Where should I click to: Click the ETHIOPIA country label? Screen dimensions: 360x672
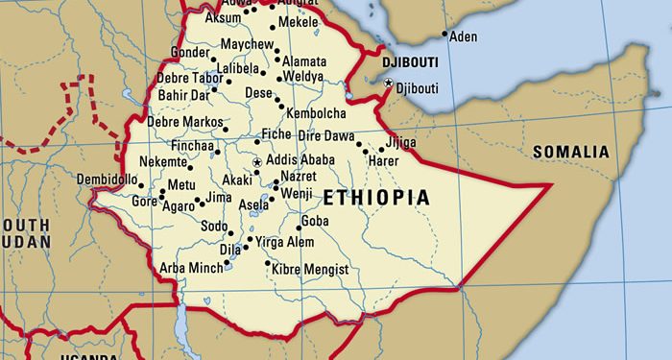tap(375, 198)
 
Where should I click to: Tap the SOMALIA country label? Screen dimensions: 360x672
tap(570, 152)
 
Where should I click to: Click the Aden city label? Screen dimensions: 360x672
tap(464, 36)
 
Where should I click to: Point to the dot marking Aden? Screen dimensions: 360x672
tap(444, 35)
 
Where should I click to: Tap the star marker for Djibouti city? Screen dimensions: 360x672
tap(388, 85)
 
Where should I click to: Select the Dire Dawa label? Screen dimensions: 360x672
tap(324, 135)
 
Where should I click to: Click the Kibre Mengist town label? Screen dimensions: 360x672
tap(311, 270)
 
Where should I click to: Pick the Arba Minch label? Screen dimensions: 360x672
tap(190, 267)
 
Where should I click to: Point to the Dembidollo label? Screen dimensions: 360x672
tap(107, 180)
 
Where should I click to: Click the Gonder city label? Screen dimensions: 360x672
tap(188, 52)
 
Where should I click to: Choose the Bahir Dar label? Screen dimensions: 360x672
tap(184, 95)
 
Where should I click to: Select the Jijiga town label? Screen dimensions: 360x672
tap(400, 143)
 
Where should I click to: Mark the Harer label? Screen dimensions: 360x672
tap(383, 161)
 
